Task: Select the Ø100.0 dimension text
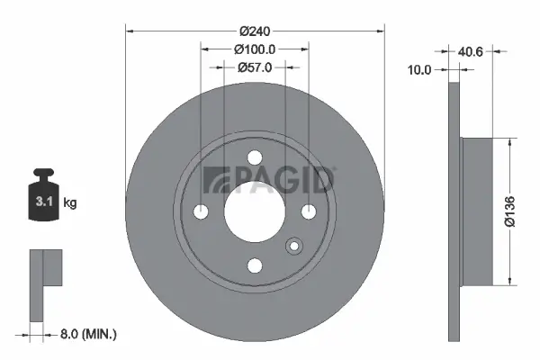[255, 49]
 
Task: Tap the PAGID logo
[269, 180]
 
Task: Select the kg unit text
[70, 203]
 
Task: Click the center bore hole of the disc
[255, 211]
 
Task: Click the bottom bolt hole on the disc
[255, 265]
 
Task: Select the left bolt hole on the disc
[201, 211]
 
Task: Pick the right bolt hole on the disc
[309, 211]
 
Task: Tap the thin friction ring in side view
[454, 211]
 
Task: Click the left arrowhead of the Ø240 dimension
[128, 31]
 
